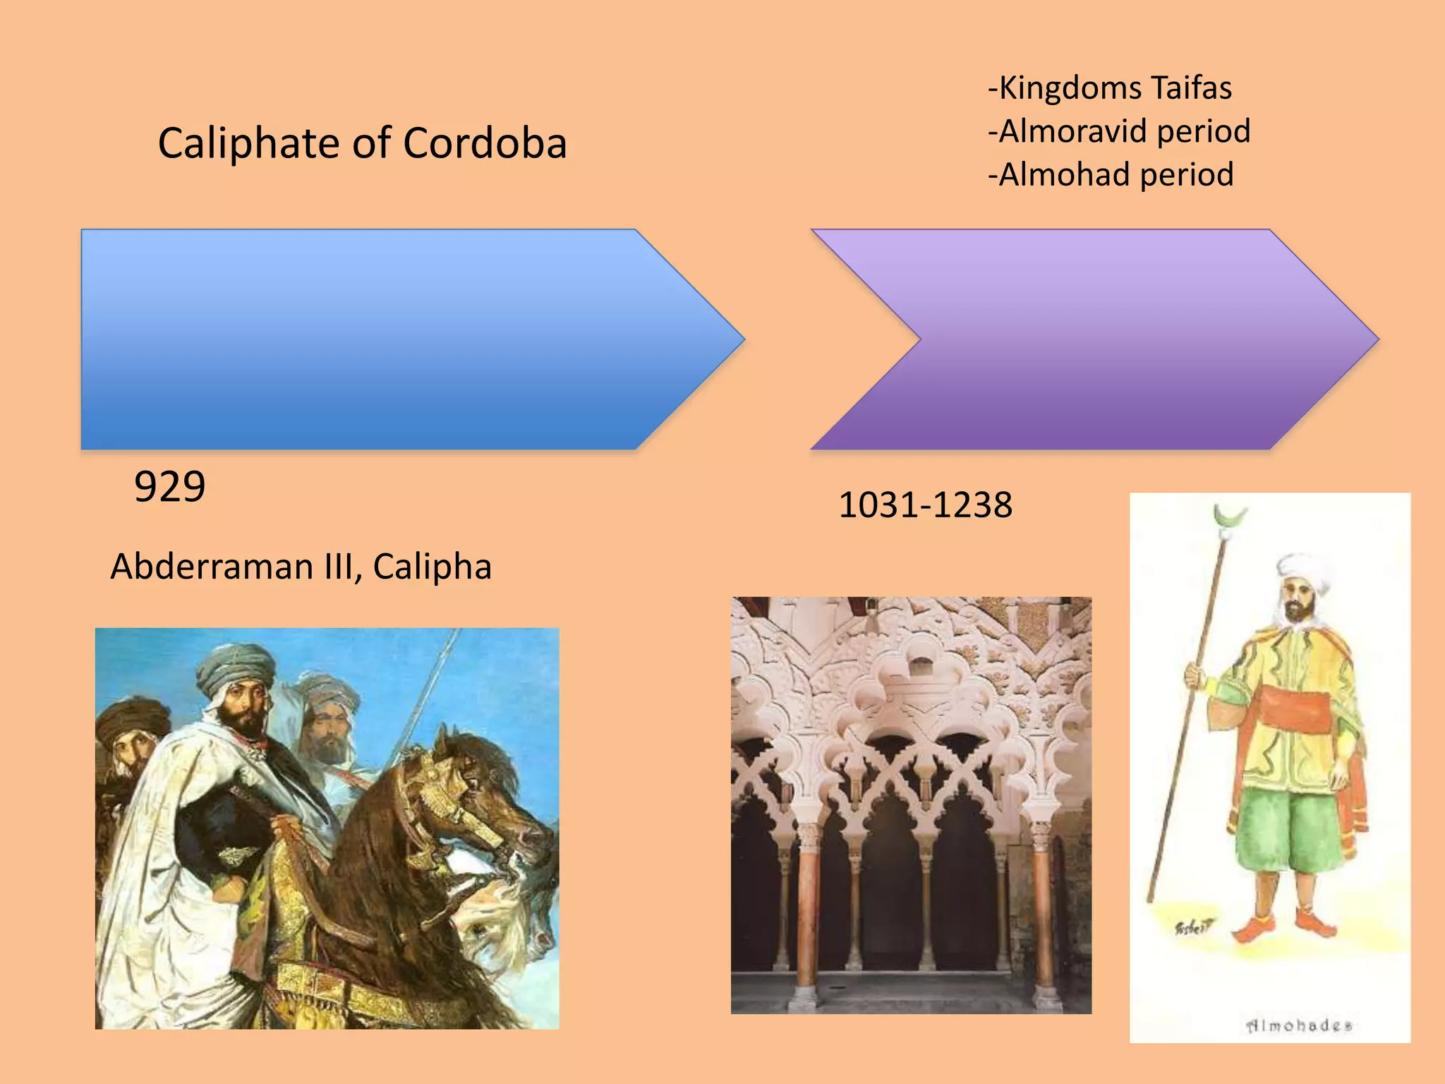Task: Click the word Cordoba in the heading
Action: tap(485, 143)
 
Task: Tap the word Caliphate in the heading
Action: tap(249, 143)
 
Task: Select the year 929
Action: tap(169, 487)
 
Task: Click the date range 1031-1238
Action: tap(925, 505)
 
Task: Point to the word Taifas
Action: tap(1191, 88)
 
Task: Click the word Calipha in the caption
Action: tap(432, 567)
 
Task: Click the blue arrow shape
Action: tap(395, 339)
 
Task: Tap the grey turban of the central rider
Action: tap(236, 667)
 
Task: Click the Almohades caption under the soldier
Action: tap(1299, 1025)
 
